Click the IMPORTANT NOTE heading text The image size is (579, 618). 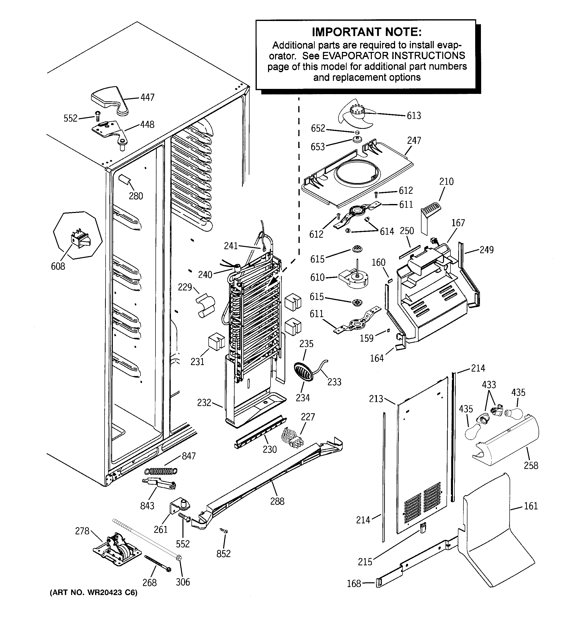point(367,32)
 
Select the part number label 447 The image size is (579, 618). point(147,98)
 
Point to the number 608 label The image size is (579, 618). point(58,266)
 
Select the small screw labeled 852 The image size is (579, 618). point(223,531)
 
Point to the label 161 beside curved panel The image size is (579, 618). point(531,506)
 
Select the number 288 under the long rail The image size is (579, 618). point(277,501)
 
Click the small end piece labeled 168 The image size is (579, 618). point(378,583)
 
